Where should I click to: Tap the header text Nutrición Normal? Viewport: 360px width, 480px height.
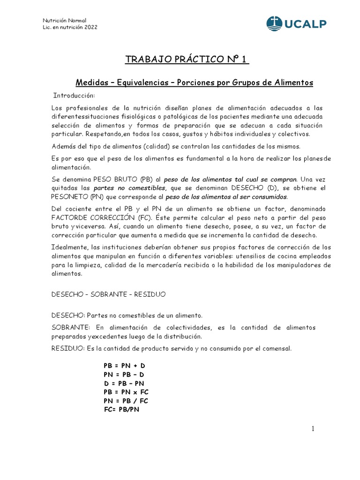(x=64, y=20)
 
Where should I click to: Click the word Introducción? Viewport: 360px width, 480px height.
(x=74, y=96)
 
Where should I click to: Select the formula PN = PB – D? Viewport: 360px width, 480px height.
(x=124, y=374)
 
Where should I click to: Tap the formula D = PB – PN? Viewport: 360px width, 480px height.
(x=124, y=383)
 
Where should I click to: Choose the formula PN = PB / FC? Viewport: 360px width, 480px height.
(x=126, y=400)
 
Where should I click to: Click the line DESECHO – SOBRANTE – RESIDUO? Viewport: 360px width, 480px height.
(x=108, y=294)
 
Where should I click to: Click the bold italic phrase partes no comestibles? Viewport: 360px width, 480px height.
(x=119, y=188)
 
